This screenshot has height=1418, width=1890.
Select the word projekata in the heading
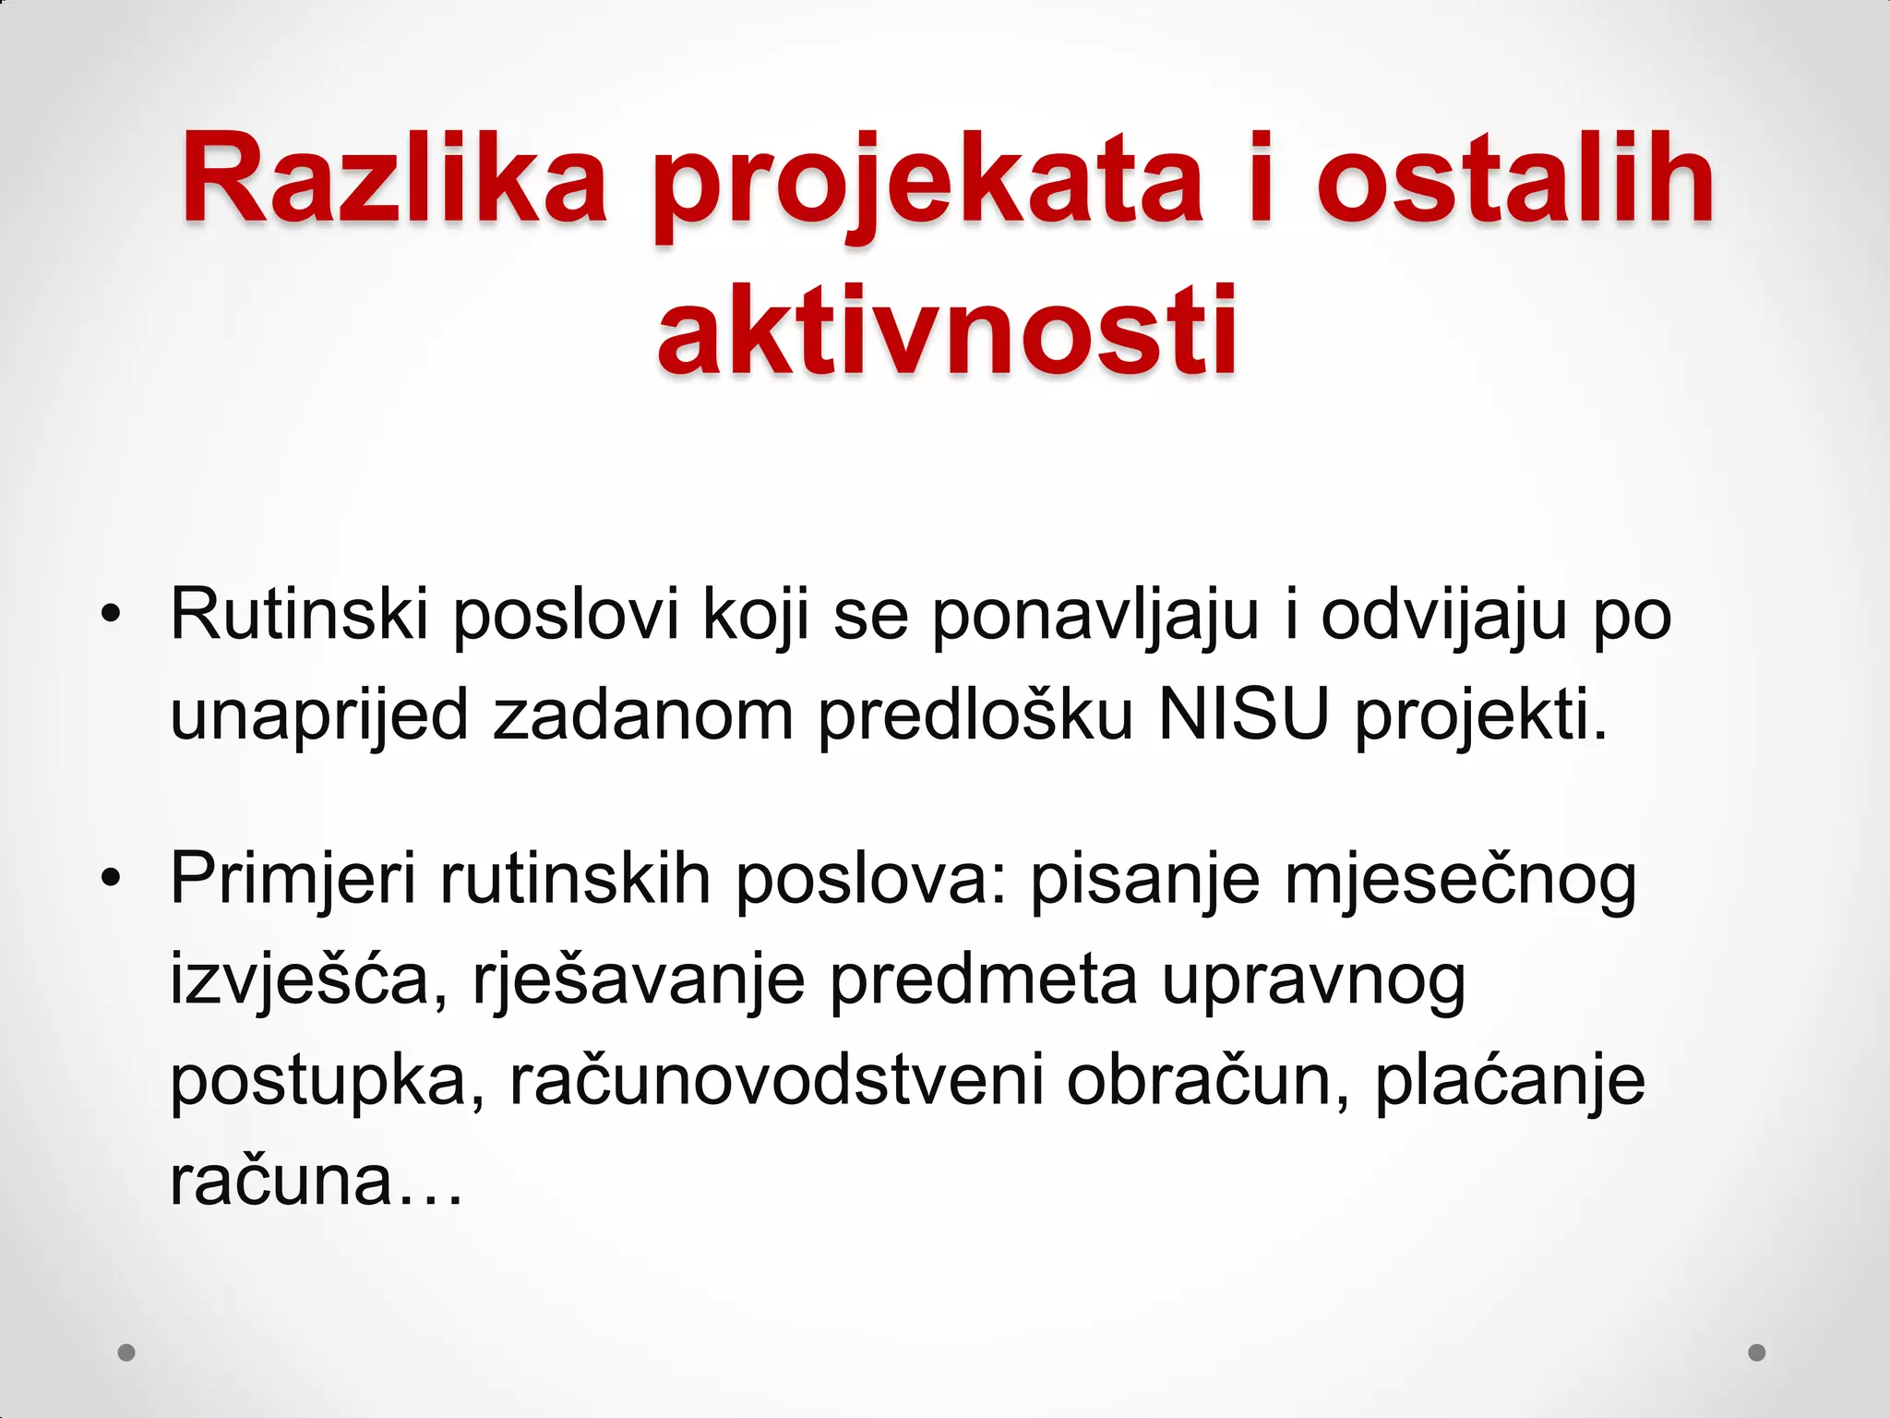click(x=927, y=185)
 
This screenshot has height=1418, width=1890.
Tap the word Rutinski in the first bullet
click(x=299, y=614)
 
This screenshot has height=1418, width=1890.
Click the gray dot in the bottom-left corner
click(x=126, y=1352)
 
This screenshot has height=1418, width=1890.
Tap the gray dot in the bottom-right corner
click(x=1757, y=1352)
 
